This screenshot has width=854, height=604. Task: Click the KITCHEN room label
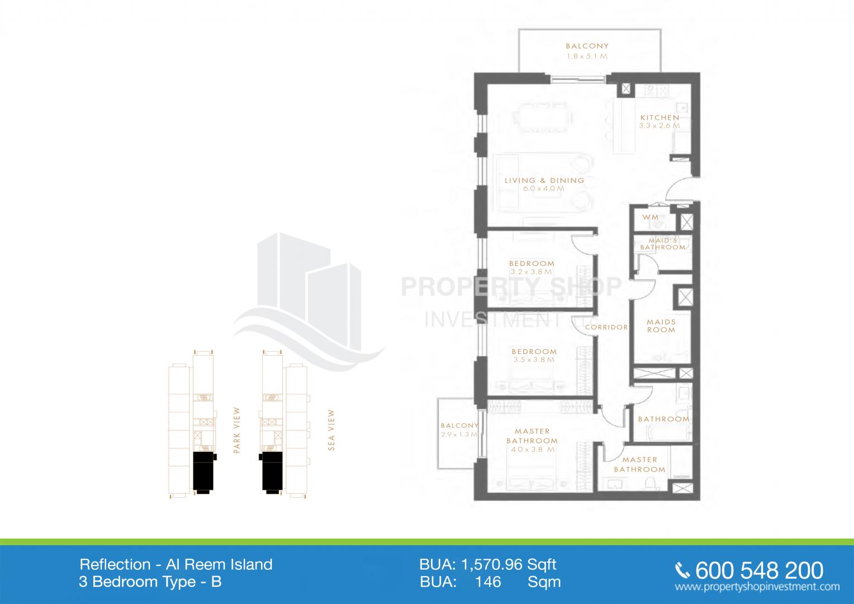point(660,117)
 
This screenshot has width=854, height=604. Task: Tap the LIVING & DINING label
point(544,181)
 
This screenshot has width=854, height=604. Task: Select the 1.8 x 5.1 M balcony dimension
point(587,56)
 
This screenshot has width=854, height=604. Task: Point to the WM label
point(651,217)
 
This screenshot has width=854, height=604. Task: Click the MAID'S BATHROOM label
point(663,244)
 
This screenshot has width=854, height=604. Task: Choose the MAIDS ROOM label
point(661,326)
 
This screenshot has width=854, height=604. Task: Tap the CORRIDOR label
point(606,327)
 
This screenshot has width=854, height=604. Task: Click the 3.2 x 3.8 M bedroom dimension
point(531,272)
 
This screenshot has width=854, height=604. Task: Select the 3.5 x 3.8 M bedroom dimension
point(534,360)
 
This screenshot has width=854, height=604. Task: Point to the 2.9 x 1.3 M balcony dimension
point(459,434)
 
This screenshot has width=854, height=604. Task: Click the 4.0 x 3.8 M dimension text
point(533,450)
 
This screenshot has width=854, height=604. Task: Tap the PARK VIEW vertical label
point(237,430)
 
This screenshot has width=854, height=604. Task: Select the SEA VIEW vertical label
point(331,430)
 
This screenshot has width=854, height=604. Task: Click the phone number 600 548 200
point(759,570)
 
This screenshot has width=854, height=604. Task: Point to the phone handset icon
point(682,571)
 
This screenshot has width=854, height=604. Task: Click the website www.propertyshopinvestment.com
point(757,587)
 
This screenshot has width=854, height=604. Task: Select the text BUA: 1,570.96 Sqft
point(487,564)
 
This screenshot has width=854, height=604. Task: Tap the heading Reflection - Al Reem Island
point(176,564)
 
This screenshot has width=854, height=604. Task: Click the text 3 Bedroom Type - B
point(150,582)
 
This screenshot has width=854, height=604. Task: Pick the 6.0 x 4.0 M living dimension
point(544,188)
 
